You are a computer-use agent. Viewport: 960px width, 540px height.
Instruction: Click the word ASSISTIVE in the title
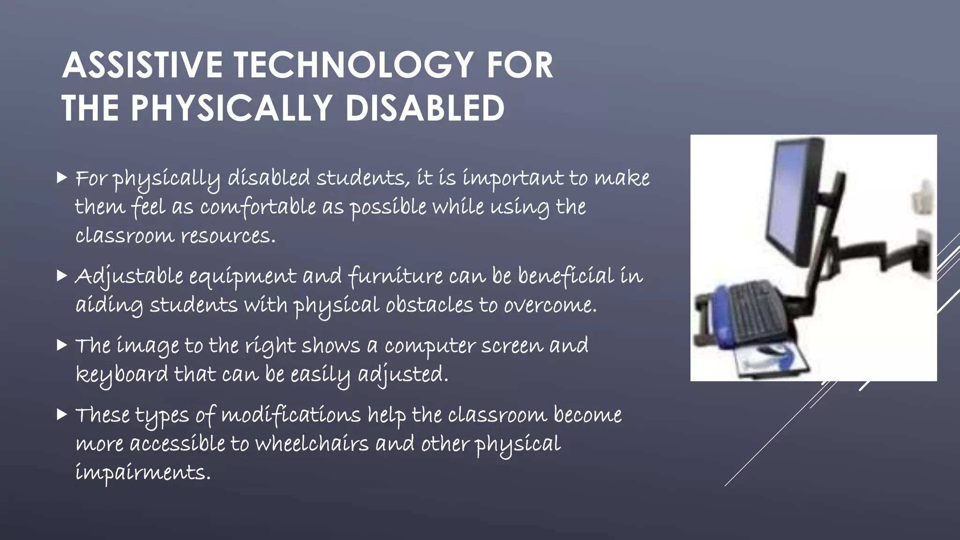pyautogui.click(x=142, y=65)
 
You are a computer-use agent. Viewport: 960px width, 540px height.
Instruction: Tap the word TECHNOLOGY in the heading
pyautogui.click(x=354, y=65)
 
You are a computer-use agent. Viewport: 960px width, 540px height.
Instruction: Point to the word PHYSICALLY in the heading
pyautogui.click(x=232, y=108)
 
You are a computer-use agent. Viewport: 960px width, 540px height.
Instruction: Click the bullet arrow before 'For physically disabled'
pyautogui.click(x=61, y=177)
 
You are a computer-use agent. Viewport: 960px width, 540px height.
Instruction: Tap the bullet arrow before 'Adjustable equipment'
pyautogui.click(x=61, y=275)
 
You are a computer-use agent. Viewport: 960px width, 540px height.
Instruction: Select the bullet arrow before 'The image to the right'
pyautogui.click(x=61, y=345)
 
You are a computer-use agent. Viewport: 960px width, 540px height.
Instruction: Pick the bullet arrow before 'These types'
pyautogui.click(x=61, y=414)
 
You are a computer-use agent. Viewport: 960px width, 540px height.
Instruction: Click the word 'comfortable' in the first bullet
pyautogui.click(x=258, y=207)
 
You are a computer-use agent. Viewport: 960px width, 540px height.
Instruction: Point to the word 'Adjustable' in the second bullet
pyautogui.click(x=129, y=276)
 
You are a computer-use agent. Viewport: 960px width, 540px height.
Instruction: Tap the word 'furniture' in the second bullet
pyautogui.click(x=396, y=276)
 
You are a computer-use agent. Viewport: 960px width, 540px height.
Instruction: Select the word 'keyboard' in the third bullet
pyautogui.click(x=122, y=375)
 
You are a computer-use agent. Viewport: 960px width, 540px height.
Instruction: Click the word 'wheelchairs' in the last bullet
pyautogui.click(x=312, y=444)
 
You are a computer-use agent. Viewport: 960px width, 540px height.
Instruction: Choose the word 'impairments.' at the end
pyautogui.click(x=143, y=472)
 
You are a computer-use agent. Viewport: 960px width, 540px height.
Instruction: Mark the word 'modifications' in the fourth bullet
pyautogui.click(x=291, y=415)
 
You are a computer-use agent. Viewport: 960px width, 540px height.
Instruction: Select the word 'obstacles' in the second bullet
pyautogui.click(x=429, y=306)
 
